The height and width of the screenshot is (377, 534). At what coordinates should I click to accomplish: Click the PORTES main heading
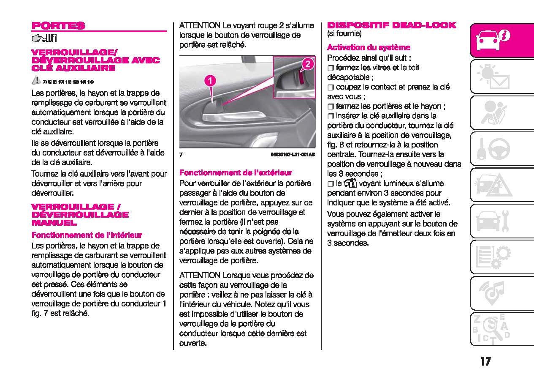(x=58, y=25)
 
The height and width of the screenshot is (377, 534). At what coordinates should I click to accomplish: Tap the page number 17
(x=485, y=361)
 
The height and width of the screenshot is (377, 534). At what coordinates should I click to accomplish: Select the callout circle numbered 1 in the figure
(x=210, y=80)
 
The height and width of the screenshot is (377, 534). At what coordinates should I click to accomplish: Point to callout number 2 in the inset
(x=308, y=64)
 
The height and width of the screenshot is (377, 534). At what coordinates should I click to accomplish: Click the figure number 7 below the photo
(x=181, y=155)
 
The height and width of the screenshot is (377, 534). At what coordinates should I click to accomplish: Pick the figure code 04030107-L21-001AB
(x=293, y=155)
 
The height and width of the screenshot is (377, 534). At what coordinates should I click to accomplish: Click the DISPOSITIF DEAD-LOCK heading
(x=392, y=25)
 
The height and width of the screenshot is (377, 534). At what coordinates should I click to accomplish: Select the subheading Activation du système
(x=369, y=47)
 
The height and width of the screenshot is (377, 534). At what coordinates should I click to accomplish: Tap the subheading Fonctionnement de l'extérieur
(x=236, y=172)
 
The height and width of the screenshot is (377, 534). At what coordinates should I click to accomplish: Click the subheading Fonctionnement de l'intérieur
(x=87, y=235)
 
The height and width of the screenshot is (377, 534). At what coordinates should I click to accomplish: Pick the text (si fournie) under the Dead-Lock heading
(x=344, y=33)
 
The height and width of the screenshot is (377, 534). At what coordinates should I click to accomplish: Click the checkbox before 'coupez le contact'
(x=331, y=87)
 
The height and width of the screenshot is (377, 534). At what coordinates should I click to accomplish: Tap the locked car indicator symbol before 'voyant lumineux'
(x=350, y=183)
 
